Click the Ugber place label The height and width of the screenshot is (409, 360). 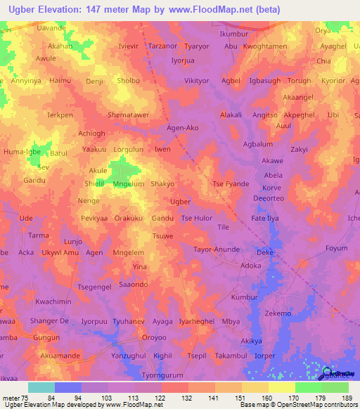(181, 201)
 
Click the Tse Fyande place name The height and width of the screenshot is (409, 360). (231, 184)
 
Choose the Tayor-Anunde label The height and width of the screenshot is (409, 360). (216, 249)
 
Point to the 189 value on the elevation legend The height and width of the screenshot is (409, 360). (345, 398)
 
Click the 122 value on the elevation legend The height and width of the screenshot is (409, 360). (161, 398)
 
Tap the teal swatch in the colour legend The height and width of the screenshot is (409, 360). (41, 387)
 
